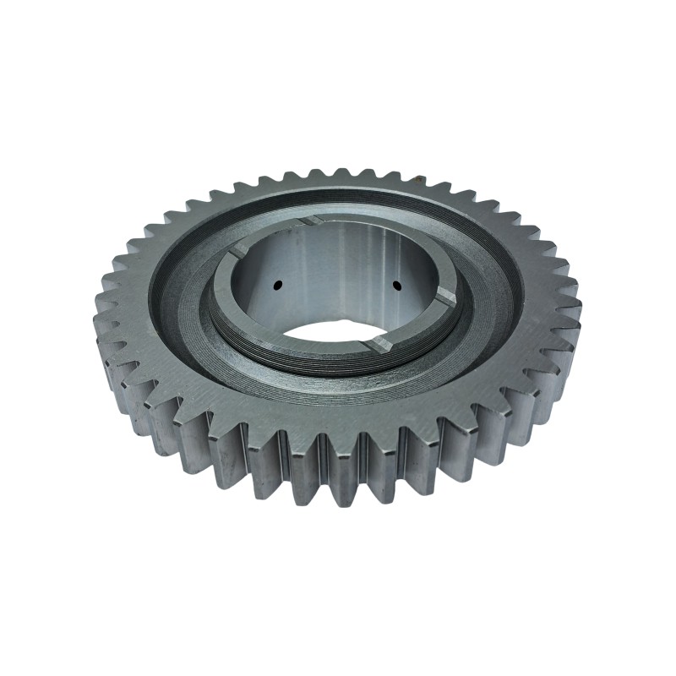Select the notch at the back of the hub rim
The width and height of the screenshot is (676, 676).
click(311, 221)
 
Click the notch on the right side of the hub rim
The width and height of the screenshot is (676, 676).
click(445, 297)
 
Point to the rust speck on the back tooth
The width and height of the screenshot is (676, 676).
click(417, 178)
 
